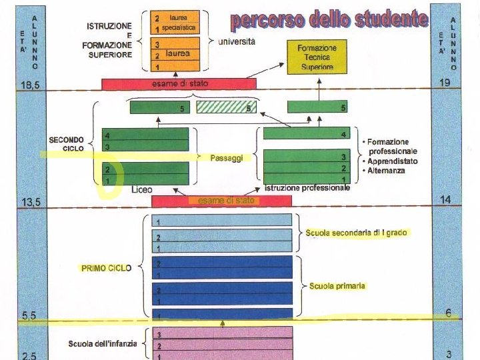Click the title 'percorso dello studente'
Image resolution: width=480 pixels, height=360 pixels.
pos(329,19)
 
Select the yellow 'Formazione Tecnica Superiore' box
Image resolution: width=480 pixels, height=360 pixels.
pos(317,57)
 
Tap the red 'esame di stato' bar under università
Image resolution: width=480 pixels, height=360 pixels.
pos(179,84)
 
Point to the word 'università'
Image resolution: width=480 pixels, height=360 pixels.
pos(237,41)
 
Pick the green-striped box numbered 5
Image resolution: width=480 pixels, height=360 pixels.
pos(225,107)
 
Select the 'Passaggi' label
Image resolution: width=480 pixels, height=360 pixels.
pos(225,158)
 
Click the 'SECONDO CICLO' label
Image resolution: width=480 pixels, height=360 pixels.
pos(65,144)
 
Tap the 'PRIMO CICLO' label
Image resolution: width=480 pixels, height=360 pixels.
pos(105,268)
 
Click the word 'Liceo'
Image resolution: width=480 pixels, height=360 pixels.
pos(141,190)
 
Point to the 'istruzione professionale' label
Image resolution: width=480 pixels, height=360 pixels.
pos(307,189)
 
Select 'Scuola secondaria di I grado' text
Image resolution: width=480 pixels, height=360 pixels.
pos(356,233)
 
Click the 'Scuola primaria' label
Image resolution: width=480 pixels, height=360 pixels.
pos(337,286)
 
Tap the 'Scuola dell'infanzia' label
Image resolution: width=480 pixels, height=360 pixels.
pos(103,344)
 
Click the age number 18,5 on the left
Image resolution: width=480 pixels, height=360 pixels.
pos(29,85)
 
